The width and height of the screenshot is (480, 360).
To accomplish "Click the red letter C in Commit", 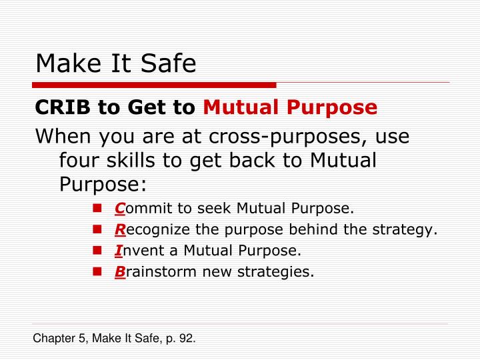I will click(119, 209).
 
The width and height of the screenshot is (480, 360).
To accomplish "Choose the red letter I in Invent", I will click(118, 251).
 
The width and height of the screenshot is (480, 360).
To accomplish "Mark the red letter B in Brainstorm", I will click(119, 271).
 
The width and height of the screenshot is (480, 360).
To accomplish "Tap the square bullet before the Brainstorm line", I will click(97, 272).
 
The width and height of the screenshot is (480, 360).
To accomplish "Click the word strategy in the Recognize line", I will click(409, 231).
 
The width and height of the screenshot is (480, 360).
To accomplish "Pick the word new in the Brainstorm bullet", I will click(232, 272).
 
